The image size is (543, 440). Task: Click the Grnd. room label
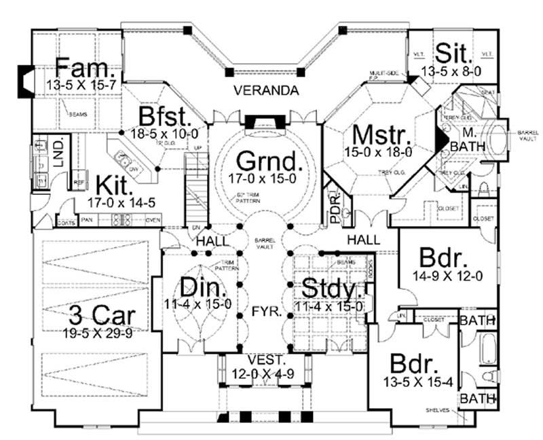pyautogui.click(x=268, y=162)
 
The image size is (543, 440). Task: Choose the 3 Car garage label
pyautogui.click(x=102, y=315)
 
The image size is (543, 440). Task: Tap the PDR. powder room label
pyautogui.click(x=334, y=213)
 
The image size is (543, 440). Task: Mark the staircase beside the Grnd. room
pyautogui.click(x=195, y=191)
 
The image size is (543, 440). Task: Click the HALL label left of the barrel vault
pyautogui.click(x=210, y=242)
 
